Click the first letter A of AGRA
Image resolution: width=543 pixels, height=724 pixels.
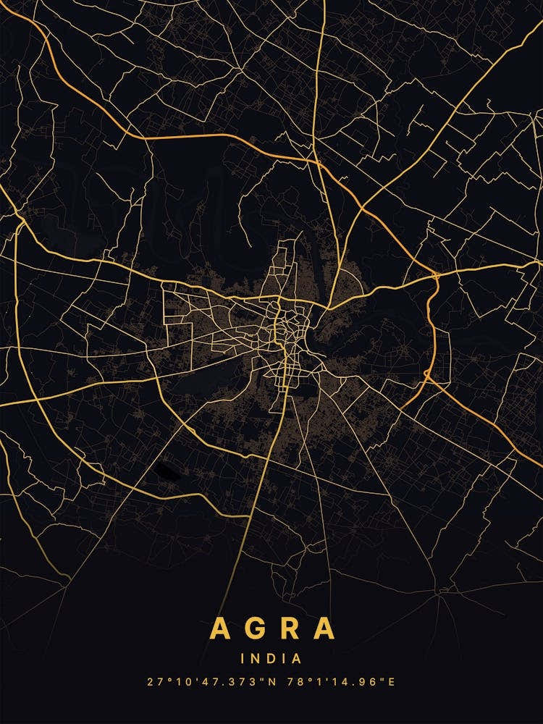click(x=221, y=628)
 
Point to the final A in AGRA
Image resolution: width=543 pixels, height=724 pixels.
click(x=324, y=628)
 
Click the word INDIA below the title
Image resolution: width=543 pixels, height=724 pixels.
click(x=271, y=659)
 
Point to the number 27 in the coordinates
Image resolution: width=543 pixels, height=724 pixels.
click(x=152, y=682)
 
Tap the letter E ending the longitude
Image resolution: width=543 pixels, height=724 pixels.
click(x=392, y=682)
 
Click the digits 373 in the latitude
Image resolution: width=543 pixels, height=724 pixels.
click(x=234, y=682)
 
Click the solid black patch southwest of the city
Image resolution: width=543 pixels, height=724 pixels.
click(x=166, y=471)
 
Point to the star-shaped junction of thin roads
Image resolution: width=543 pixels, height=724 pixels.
click(x=439, y=594)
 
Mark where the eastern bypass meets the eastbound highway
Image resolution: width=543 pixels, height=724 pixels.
click(x=437, y=275)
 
